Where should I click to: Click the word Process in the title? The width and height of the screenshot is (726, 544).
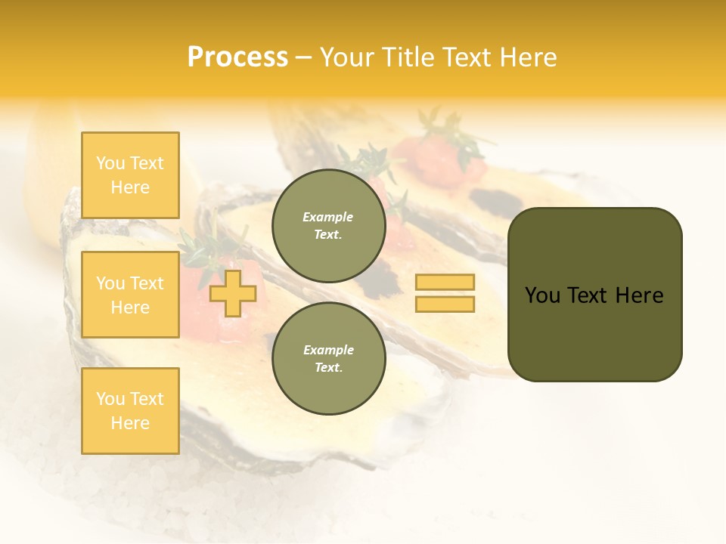(x=237, y=57)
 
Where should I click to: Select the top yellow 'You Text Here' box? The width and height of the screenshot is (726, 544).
(x=130, y=175)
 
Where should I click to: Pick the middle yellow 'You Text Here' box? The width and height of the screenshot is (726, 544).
(x=130, y=295)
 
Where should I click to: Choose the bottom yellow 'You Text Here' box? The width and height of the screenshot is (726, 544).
(x=130, y=410)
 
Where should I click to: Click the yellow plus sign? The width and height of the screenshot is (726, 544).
(x=232, y=293)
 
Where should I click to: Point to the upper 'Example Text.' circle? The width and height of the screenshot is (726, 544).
(x=328, y=225)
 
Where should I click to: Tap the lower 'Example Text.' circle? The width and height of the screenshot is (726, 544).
(x=328, y=358)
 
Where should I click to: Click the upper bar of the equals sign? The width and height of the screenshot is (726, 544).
(x=445, y=283)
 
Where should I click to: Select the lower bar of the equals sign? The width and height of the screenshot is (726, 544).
(x=445, y=304)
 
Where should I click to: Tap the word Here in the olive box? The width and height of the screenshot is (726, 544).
(x=640, y=295)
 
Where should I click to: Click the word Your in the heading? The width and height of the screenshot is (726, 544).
(x=346, y=57)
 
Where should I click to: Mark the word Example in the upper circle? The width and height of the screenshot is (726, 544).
(x=328, y=217)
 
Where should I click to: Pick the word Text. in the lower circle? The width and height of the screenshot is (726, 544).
(x=328, y=368)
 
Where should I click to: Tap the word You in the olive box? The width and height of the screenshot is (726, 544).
(x=542, y=295)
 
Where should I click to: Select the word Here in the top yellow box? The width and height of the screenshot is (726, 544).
(x=130, y=187)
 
